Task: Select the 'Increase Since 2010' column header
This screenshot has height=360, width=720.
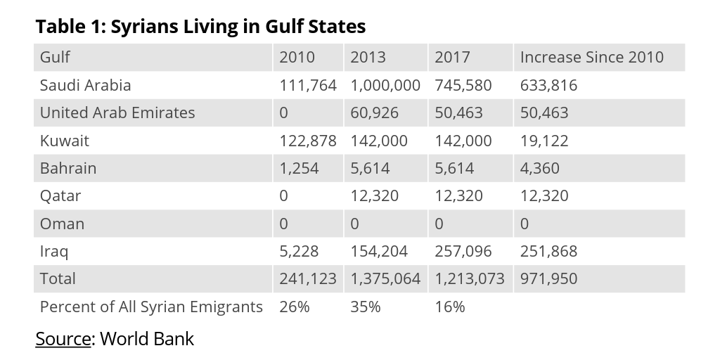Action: [591, 58]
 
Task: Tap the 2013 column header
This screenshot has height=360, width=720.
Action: [368, 58]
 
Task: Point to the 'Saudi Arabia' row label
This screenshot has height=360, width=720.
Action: [85, 85]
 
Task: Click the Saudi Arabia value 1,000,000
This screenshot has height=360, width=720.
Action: [385, 85]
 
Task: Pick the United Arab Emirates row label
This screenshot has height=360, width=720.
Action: [117, 113]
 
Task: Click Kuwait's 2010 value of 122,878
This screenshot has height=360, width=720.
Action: [308, 141]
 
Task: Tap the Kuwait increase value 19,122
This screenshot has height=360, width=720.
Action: [544, 141]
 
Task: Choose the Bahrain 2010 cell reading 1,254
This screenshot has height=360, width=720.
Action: [299, 169]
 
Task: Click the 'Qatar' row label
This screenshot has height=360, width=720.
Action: [60, 196]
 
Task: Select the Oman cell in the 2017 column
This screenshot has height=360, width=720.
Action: [439, 224]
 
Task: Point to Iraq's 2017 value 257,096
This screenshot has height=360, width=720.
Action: [463, 252]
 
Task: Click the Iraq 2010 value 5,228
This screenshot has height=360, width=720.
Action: [299, 252]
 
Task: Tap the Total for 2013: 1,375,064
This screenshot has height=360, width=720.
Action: [385, 279]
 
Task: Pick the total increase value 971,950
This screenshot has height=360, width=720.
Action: [548, 279]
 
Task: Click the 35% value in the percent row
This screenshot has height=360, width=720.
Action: [365, 307]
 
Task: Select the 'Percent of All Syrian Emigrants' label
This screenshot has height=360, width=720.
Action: [151, 307]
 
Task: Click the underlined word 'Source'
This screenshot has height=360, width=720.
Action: [63, 339]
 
